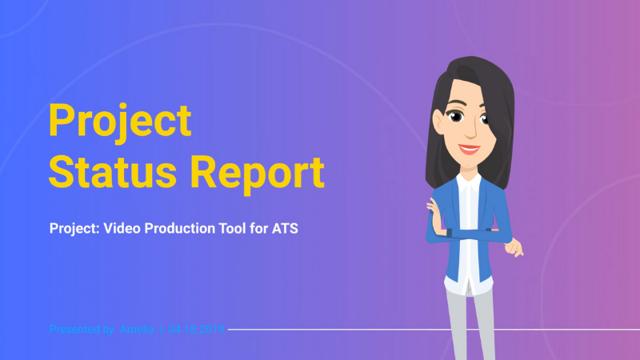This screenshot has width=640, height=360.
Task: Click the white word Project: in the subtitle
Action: click(x=74, y=229)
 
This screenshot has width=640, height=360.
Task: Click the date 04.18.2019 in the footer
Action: click(x=196, y=329)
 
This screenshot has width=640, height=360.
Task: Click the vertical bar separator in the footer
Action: click(x=161, y=329)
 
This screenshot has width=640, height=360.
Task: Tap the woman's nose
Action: click(x=473, y=129)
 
